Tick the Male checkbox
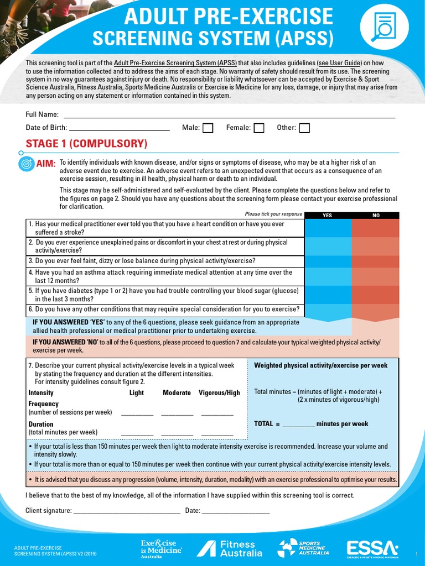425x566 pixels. point(208,128)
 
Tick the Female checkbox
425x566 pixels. point(258,128)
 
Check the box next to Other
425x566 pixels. point(304,128)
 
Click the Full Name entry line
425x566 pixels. point(229,115)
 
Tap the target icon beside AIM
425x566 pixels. point(26,164)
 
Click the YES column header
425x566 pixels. point(327,216)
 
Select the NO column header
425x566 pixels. point(376,216)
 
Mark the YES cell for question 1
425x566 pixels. point(328,228)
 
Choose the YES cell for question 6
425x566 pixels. point(328,310)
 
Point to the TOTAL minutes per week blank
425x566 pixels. point(298,424)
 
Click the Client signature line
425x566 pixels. point(127,511)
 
